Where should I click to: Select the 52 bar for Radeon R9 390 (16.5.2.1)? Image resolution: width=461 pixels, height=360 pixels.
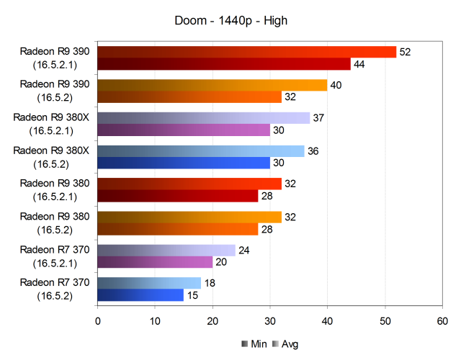click(x=246, y=52)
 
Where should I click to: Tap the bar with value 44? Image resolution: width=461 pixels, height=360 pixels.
click(x=223, y=64)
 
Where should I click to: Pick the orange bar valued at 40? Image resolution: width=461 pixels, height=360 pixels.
click(x=212, y=85)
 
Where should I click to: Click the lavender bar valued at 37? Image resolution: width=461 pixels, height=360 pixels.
click(x=203, y=118)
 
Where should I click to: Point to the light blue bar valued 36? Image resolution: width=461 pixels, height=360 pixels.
click(x=200, y=151)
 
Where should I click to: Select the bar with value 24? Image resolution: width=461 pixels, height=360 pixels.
click(x=166, y=251)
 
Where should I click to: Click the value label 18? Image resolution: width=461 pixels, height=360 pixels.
click(x=209, y=284)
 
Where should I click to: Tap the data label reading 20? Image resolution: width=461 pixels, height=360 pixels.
click(x=220, y=262)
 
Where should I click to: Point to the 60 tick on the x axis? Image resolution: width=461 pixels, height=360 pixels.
click(x=442, y=317)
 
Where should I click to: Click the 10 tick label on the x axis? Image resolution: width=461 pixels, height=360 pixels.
click(x=155, y=317)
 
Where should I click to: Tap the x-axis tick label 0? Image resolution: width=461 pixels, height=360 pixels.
click(x=97, y=317)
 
